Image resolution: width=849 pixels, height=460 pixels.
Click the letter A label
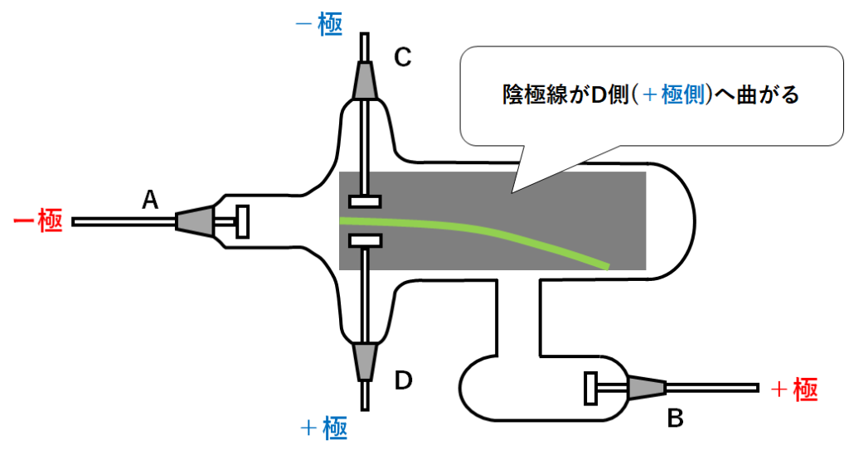point(150,199)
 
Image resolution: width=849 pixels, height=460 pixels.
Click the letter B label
point(676,419)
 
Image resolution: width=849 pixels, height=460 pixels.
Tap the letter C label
point(402,57)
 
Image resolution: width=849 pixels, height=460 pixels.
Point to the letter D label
point(403,380)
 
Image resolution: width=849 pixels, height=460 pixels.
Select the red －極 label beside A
point(38,222)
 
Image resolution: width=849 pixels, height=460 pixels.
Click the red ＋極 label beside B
point(794,389)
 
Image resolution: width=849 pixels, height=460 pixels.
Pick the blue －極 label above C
point(319,22)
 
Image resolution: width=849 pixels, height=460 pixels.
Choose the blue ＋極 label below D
point(323,429)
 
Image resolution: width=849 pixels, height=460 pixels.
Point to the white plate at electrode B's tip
point(591,387)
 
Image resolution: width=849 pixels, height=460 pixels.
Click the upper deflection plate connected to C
point(365,201)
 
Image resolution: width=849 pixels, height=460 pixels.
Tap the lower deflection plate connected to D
point(365,240)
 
